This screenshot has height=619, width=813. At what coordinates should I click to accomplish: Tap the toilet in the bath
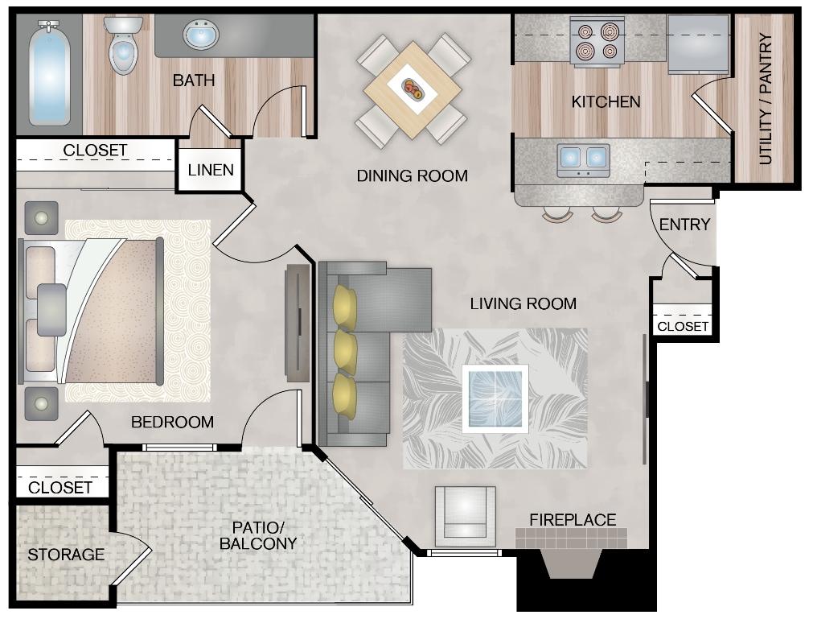123,48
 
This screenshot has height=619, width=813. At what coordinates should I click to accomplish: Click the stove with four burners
597,43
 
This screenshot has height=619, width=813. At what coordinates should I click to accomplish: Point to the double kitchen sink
583,159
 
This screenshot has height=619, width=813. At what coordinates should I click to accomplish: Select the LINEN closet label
211,170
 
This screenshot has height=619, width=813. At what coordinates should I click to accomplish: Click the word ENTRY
684,225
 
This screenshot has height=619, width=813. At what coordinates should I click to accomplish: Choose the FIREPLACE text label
573,520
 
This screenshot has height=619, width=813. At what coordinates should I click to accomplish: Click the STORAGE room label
66,555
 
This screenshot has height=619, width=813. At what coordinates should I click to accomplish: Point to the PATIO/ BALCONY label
259,535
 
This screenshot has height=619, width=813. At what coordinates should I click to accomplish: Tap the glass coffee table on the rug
495,398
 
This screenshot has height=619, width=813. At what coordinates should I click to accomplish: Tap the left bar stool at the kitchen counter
556,214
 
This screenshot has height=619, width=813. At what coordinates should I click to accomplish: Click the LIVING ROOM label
523,303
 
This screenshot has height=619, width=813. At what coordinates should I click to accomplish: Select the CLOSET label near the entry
683,326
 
